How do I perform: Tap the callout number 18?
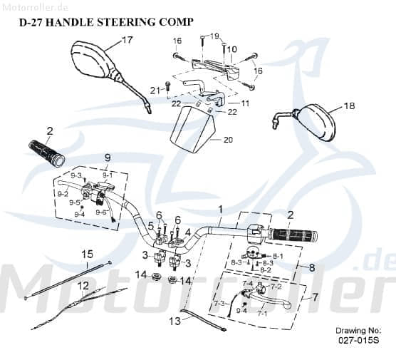pos(348,106)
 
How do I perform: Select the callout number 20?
pos(228,140)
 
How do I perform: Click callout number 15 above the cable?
pos(88,254)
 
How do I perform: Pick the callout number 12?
pos(83,286)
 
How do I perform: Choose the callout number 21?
pos(155,89)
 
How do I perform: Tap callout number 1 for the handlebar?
pos(221,209)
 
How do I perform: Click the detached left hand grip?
pos(46,150)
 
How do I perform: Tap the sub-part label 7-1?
pos(261,312)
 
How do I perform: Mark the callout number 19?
pos(215,35)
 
